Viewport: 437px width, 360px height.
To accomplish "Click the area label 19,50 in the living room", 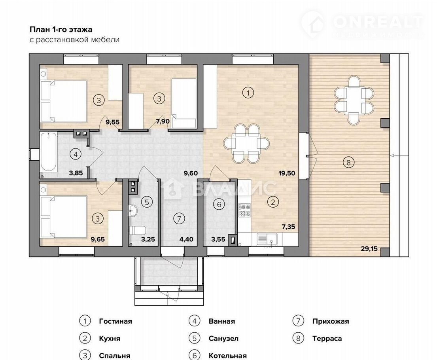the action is pyautogui.click(x=287, y=173).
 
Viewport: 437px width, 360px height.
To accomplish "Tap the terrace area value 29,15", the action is pyautogui.click(x=369, y=248).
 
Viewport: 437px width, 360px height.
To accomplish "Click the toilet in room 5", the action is pyautogui.click(x=138, y=231).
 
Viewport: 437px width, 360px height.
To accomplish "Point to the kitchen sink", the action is pyautogui.click(x=267, y=239).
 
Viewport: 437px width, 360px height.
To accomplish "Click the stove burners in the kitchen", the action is pyautogui.click(x=244, y=210).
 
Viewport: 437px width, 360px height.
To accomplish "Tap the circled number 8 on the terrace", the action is pyautogui.click(x=348, y=162).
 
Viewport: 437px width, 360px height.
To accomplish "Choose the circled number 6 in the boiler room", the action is pyautogui.click(x=219, y=205).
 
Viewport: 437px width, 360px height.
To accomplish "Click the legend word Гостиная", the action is pyautogui.click(x=115, y=321).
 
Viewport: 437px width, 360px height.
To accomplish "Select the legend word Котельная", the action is pyautogui.click(x=227, y=356).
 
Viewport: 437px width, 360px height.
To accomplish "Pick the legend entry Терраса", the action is pyautogui.click(x=327, y=339).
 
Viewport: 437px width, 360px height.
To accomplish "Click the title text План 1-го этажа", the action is pyautogui.click(x=61, y=29).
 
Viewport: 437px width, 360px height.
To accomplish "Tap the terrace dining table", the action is pyautogui.click(x=354, y=100).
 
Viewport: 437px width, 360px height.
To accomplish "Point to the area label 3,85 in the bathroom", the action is pyautogui.click(x=76, y=173).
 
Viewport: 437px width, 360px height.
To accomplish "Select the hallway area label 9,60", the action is pyautogui.click(x=191, y=173).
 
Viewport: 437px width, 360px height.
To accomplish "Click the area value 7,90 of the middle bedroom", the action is pyautogui.click(x=163, y=121).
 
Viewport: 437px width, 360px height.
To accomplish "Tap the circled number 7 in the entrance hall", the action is pyautogui.click(x=179, y=219).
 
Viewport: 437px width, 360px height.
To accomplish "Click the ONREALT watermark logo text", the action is pyautogui.click(x=378, y=22).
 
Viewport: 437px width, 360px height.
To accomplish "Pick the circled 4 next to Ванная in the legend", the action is pyautogui.click(x=195, y=321).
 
